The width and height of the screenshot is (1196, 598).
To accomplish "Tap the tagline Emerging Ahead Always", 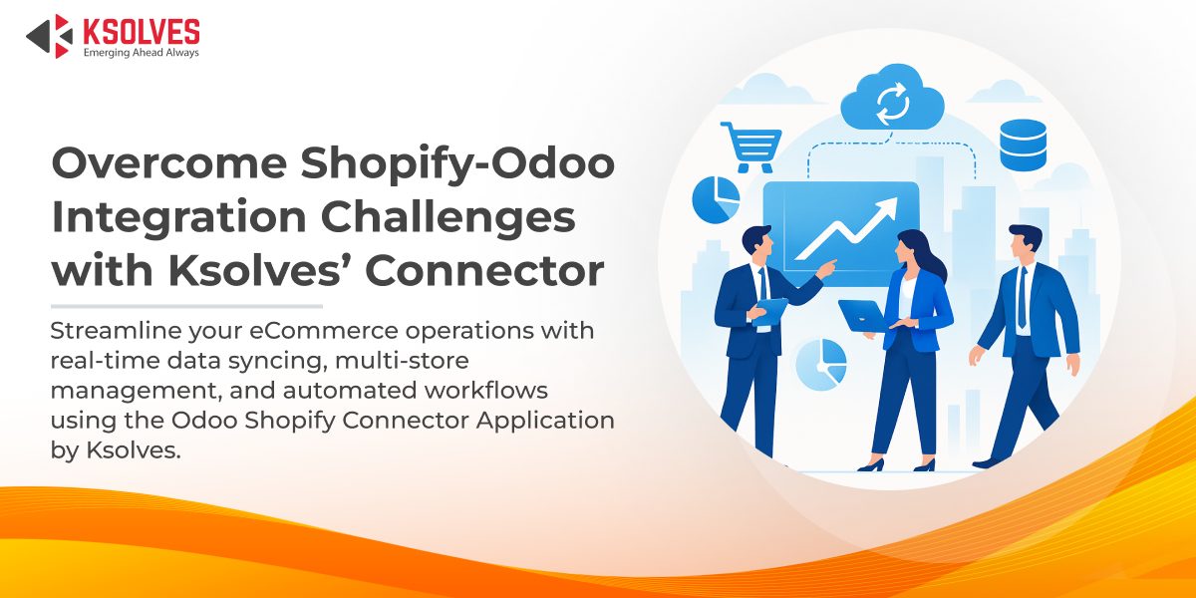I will [141, 53].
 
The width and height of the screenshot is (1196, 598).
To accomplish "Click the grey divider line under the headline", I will [186, 306].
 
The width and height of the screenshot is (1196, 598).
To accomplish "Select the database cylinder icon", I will [1023, 144].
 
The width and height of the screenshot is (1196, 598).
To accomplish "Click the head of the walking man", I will [1024, 240].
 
